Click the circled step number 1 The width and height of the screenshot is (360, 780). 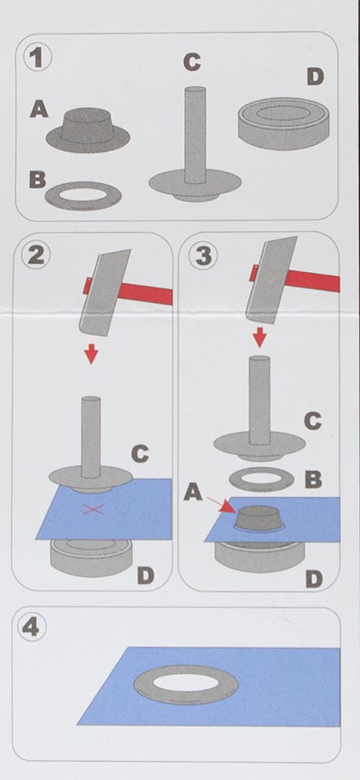click(37, 58)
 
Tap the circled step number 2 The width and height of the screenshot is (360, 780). click(36, 255)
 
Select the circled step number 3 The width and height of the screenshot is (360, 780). click(203, 255)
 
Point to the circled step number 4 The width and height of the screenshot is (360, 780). click(34, 628)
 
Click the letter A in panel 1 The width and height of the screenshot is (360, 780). click(39, 109)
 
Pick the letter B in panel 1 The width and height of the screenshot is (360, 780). click(38, 179)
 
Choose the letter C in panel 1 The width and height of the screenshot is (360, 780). click(192, 63)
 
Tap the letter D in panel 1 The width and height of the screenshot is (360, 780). click(316, 76)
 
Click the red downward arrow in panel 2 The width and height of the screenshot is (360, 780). click(91, 355)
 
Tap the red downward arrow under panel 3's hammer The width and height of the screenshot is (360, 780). click(259, 338)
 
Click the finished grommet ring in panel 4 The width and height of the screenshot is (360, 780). click(186, 684)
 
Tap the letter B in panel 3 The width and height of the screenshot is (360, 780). click(313, 480)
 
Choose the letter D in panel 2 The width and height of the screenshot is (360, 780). click(146, 576)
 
